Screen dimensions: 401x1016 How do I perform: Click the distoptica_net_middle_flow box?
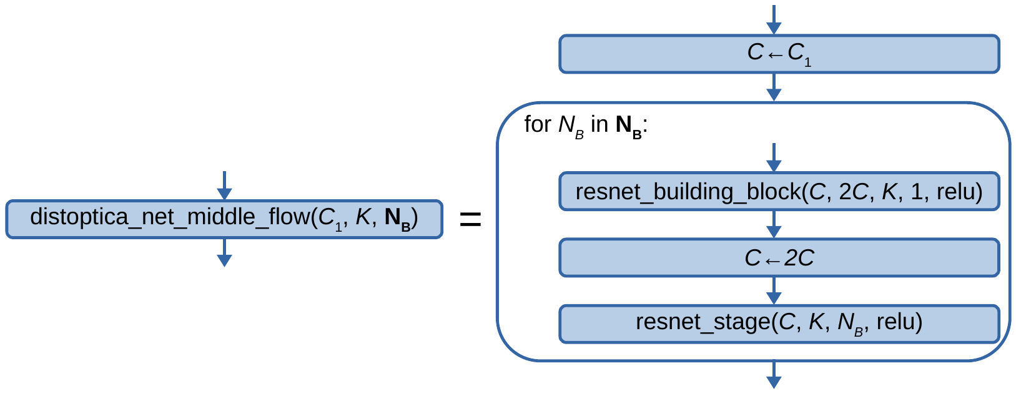(224, 219)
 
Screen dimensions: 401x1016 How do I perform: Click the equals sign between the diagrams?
(470, 219)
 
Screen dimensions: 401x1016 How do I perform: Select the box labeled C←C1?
(779, 54)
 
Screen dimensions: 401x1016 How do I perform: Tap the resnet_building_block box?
(779, 191)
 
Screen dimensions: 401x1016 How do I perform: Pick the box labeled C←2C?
(779, 257)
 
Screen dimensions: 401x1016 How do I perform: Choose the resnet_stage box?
(779, 324)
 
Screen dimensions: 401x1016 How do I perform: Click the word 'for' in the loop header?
(538, 124)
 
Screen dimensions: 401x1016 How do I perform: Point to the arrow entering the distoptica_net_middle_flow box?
(224, 186)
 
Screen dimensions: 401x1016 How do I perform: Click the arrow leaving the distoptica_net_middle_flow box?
(224, 253)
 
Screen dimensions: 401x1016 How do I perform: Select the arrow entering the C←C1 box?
(774, 20)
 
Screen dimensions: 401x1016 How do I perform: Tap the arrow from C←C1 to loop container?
(774, 87)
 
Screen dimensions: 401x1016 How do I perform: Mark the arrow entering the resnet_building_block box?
(774, 157)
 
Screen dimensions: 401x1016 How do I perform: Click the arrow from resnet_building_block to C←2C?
(774, 224)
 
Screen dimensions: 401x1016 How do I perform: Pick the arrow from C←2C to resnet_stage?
(774, 290)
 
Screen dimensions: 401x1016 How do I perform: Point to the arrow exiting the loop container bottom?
(774, 375)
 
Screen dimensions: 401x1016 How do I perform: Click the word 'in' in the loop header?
(599, 124)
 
